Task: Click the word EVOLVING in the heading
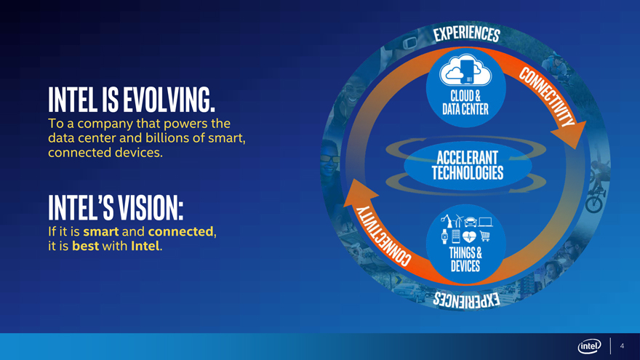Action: (169, 100)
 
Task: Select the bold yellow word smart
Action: (101, 231)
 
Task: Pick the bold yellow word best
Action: (85, 246)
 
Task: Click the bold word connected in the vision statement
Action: (181, 231)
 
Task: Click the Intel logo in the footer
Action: (589, 346)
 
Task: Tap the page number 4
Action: (622, 345)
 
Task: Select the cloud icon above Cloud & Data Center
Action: (465, 71)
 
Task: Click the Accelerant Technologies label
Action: (468, 165)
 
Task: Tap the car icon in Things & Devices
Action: (471, 222)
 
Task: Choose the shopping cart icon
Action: (484, 236)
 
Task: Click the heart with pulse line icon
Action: (469, 236)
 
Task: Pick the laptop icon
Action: (485, 222)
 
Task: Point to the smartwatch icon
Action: (444, 236)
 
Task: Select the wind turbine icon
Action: (458, 221)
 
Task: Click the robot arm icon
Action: (447, 221)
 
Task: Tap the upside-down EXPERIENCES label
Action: (466, 300)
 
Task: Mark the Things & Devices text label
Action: (465, 259)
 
